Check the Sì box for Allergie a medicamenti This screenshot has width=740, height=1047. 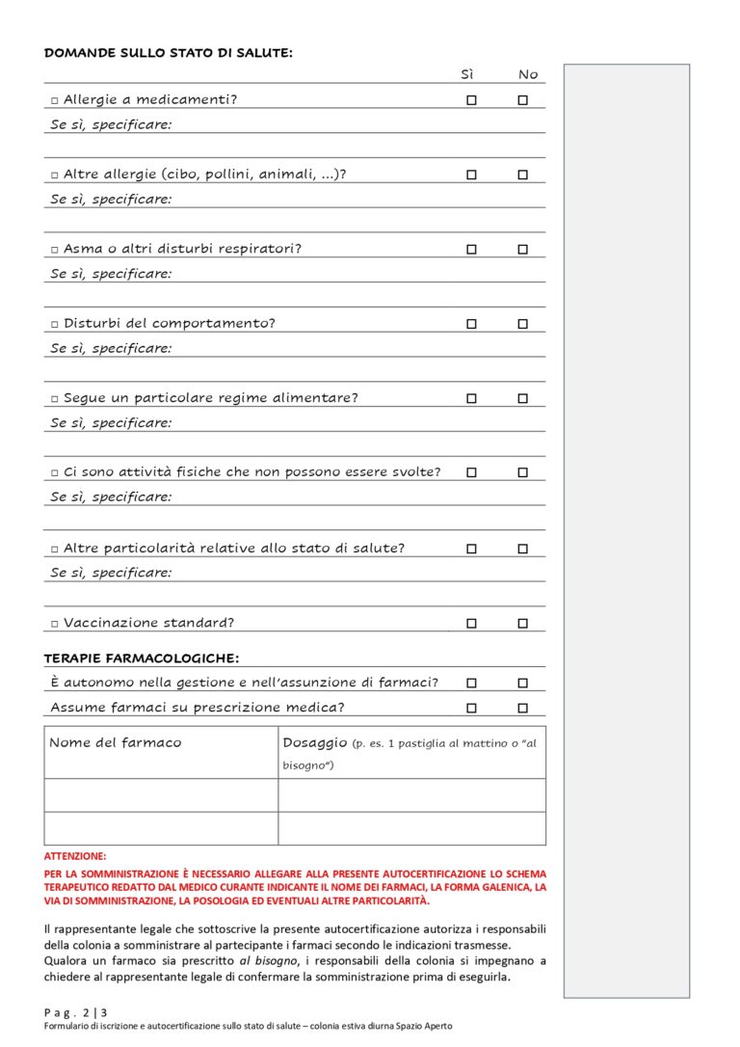[471, 100]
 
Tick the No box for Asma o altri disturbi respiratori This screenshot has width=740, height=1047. [522, 250]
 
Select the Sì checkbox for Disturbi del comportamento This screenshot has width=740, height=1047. [471, 324]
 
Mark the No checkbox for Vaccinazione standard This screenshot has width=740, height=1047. [522, 623]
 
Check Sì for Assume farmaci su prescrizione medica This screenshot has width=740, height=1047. [471, 708]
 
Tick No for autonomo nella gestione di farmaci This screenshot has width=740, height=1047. [522, 683]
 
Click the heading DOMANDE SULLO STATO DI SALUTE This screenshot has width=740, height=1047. [169, 53]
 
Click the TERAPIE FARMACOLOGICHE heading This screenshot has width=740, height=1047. [142, 658]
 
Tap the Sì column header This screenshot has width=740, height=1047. [468, 74]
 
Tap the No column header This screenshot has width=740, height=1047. [528, 74]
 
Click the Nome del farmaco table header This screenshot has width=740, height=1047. [116, 742]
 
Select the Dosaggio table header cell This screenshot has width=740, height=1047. [411, 752]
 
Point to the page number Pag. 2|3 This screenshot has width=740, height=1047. [80, 1012]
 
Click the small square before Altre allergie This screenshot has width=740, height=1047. [55, 175]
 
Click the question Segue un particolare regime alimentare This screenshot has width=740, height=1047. [210, 398]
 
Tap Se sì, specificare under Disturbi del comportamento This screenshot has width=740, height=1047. [111, 348]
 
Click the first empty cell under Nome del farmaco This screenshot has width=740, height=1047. [161, 795]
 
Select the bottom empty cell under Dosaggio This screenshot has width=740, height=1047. [411, 828]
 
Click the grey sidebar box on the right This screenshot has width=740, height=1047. [626, 530]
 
